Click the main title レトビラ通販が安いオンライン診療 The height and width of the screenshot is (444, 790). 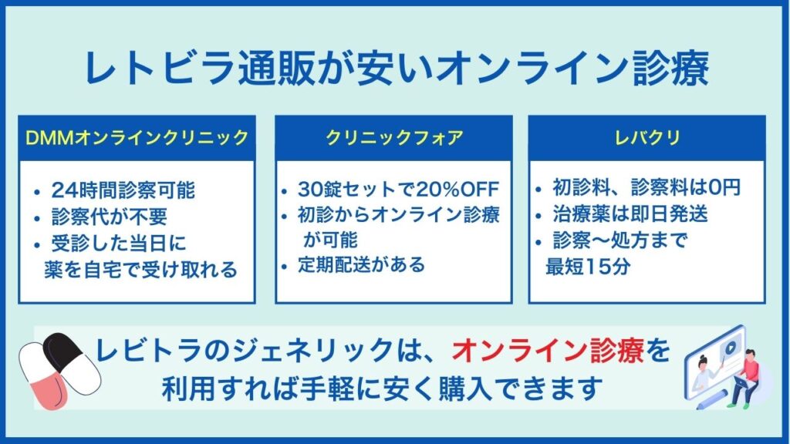pyautogui.click(x=397, y=68)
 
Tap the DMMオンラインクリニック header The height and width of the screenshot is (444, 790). pyautogui.click(x=137, y=137)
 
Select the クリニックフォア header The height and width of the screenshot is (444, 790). pyautogui.click(x=394, y=137)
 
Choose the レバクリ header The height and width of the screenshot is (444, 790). pyautogui.click(x=647, y=137)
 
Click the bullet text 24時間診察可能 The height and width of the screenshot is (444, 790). pyautogui.click(x=123, y=190)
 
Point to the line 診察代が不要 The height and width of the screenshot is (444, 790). pyautogui.click(x=110, y=217)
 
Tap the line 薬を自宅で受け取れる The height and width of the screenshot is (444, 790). pyautogui.click(x=140, y=270)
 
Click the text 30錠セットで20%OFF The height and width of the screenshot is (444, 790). pyautogui.click(x=398, y=190)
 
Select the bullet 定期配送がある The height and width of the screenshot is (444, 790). pyautogui.click(x=361, y=265)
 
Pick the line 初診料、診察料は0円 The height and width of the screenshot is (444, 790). pyautogui.click(x=647, y=187)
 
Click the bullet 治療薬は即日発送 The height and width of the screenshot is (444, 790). pyautogui.click(x=630, y=214)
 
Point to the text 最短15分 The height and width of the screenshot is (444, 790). pyautogui.click(x=588, y=267)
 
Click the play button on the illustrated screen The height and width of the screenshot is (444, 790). pyautogui.click(x=729, y=348)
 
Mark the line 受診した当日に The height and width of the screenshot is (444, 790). pyautogui.click(x=119, y=244)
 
